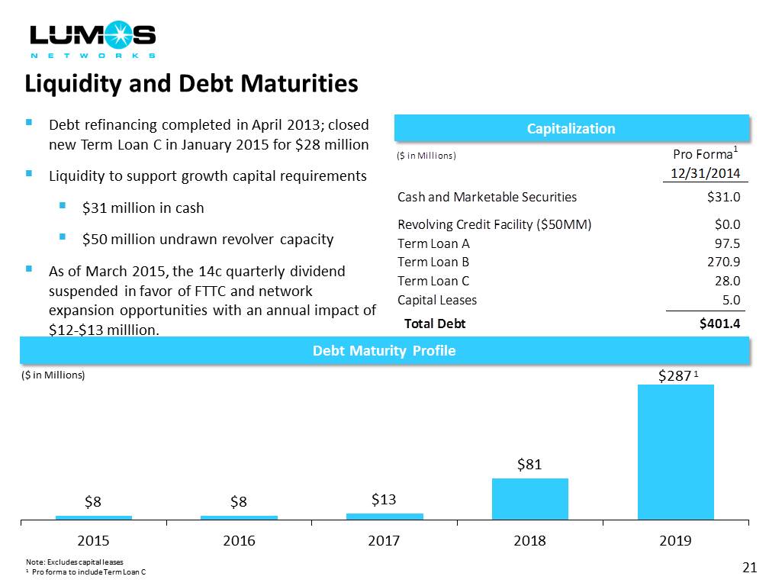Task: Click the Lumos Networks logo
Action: (x=92, y=40)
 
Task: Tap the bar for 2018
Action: (x=529, y=498)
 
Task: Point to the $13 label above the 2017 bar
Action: (x=384, y=500)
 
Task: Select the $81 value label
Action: (x=529, y=465)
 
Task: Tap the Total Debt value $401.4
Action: (x=719, y=324)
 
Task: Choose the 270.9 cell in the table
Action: (x=725, y=262)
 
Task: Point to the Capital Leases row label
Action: (x=437, y=300)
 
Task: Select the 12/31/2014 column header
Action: (x=706, y=173)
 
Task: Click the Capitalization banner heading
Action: (x=571, y=128)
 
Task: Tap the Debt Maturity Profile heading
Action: (x=384, y=351)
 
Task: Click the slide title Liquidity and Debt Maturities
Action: (x=191, y=83)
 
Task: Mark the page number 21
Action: (x=748, y=567)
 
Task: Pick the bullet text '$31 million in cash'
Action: (x=143, y=208)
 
